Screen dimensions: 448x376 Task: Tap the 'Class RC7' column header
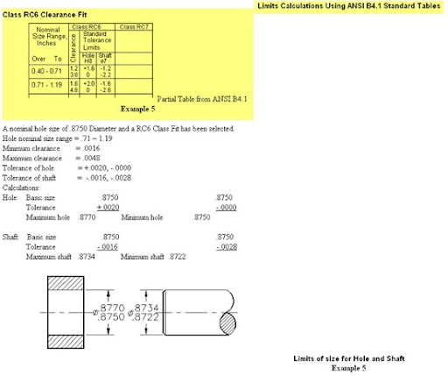(133, 28)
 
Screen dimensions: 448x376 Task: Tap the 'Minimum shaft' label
(143, 256)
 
